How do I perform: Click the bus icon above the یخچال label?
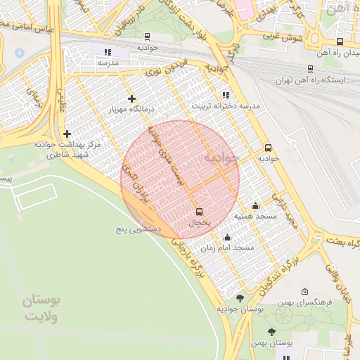tap(199, 211)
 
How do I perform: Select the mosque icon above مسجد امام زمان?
tap(226, 237)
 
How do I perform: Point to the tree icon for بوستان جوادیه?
tap(240, 298)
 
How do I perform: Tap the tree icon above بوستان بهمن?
tap(271, 332)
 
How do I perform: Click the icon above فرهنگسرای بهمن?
tap(304, 291)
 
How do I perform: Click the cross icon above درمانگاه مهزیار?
tap(131, 98)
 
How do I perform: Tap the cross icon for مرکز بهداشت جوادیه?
tap(67, 134)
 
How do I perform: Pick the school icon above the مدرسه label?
tap(108, 52)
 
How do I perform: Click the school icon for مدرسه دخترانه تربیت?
tap(225, 94)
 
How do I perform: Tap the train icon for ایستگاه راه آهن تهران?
tap(311, 68)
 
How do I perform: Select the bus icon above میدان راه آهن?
tap(340, 41)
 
